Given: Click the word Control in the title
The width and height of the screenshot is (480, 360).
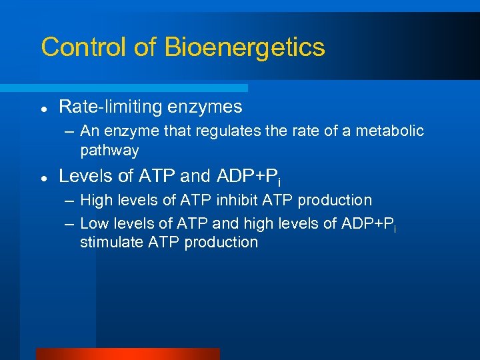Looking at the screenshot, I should [79, 47].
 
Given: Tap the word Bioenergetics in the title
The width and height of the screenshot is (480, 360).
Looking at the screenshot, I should [245, 48].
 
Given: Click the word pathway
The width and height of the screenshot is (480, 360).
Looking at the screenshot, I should [109, 151].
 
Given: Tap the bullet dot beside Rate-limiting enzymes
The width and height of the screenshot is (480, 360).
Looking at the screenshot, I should [43, 108].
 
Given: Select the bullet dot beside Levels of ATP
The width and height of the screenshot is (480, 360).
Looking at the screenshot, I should [43, 178].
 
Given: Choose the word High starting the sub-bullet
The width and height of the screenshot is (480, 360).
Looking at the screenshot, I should [95, 200].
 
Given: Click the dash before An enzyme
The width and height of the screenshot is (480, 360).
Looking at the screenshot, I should [68, 131].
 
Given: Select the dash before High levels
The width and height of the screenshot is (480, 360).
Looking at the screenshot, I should [68, 201].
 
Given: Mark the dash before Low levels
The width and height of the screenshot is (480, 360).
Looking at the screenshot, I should [68, 224].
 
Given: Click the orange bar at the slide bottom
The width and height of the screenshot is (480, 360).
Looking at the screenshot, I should [127, 354].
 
